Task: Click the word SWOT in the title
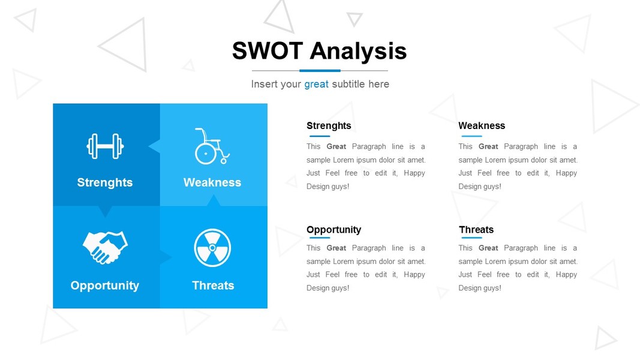268,51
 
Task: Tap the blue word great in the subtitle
316,85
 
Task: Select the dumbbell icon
106,146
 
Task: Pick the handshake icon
106,247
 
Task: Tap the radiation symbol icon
212,248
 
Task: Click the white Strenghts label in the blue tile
105,182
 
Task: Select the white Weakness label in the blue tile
212,182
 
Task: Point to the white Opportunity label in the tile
105,286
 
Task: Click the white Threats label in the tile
213,286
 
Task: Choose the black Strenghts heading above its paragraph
329,126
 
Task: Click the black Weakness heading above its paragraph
482,125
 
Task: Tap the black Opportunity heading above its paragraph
334,230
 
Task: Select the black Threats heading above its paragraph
476,229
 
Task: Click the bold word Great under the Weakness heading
488,146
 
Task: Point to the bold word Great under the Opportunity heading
336,248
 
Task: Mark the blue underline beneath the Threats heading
471,238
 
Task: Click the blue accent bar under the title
320,71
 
